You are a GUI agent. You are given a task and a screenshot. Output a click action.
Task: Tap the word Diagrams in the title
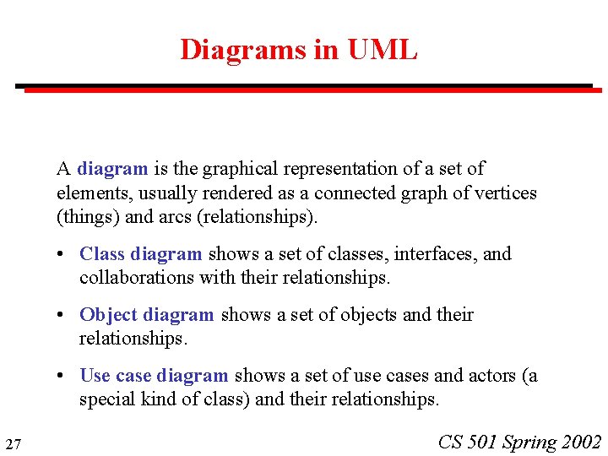[x=243, y=50]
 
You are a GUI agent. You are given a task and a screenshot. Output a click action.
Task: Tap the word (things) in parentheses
[x=84, y=217]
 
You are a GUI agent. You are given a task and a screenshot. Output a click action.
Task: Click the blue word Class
[x=102, y=253]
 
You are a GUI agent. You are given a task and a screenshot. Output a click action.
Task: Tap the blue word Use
[x=95, y=375]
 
